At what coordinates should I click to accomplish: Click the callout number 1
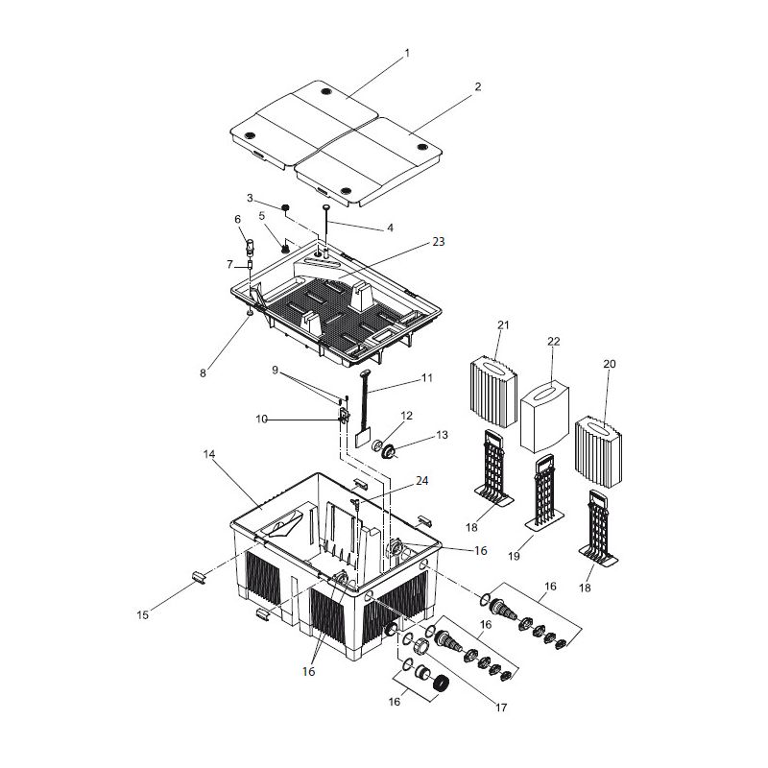[406, 53]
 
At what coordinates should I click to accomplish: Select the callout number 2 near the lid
[477, 86]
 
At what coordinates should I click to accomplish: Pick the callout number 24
[422, 480]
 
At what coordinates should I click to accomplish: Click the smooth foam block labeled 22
[544, 418]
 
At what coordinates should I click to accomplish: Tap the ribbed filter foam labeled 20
[601, 451]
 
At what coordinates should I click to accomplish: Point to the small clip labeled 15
[197, 577]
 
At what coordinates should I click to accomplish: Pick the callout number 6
[237, 219]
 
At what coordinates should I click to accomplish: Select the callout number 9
[276, 370]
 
